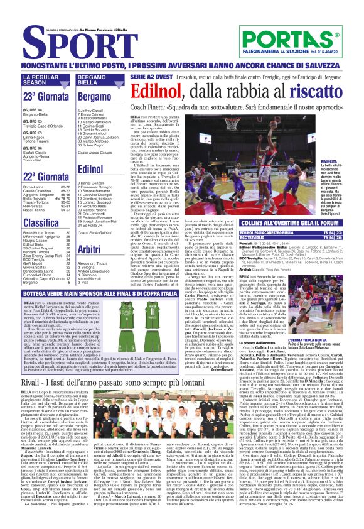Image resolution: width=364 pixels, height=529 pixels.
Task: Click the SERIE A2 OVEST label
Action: (133, 76)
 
